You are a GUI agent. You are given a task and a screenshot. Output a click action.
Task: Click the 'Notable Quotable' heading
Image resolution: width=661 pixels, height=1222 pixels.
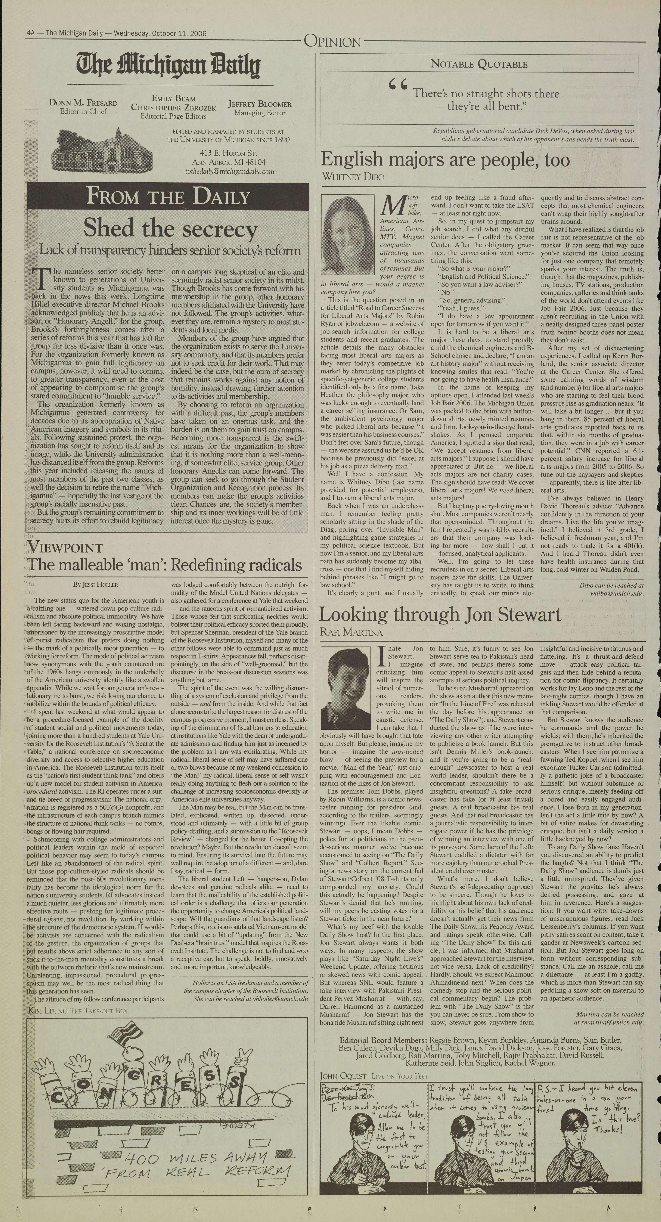(x=479, y=64)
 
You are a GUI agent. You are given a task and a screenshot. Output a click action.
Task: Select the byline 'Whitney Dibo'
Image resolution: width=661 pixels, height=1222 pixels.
(x=353, y=176)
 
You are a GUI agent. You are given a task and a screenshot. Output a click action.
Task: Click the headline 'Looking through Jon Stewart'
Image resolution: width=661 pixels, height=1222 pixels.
(x=440, y=615)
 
